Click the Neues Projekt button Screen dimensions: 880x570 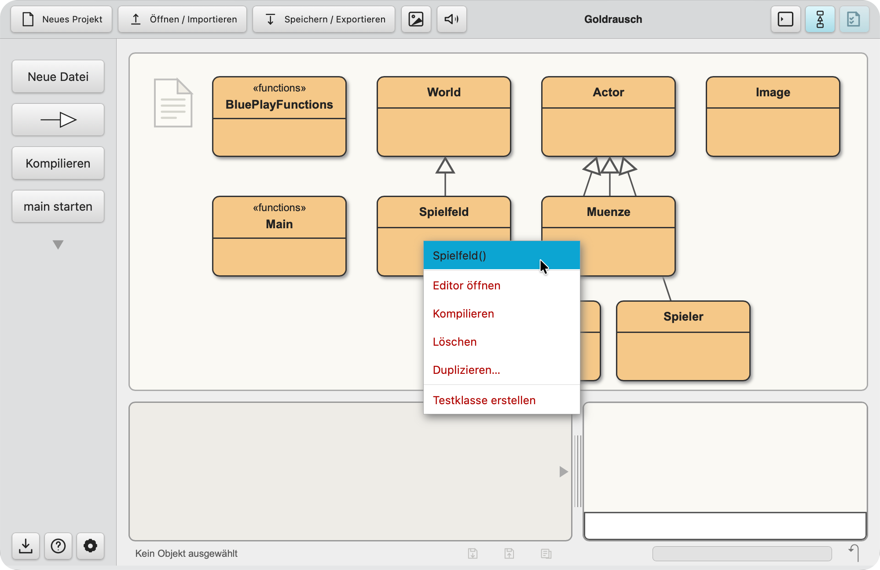click(62, 19)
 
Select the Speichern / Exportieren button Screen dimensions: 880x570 click(324, 19)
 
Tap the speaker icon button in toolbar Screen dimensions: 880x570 click(451, 19)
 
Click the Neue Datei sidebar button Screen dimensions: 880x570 click(58, 77)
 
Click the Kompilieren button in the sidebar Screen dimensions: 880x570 click(58, 163)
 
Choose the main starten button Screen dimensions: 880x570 click(58, 206)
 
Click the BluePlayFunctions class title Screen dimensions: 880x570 click(279, 105)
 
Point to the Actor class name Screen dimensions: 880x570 click(609, 92)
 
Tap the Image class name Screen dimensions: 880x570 click(773, 92)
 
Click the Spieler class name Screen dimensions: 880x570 click(683, 317)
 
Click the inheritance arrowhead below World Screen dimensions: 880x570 click(445, 165)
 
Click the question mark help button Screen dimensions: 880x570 click(58, 546)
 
